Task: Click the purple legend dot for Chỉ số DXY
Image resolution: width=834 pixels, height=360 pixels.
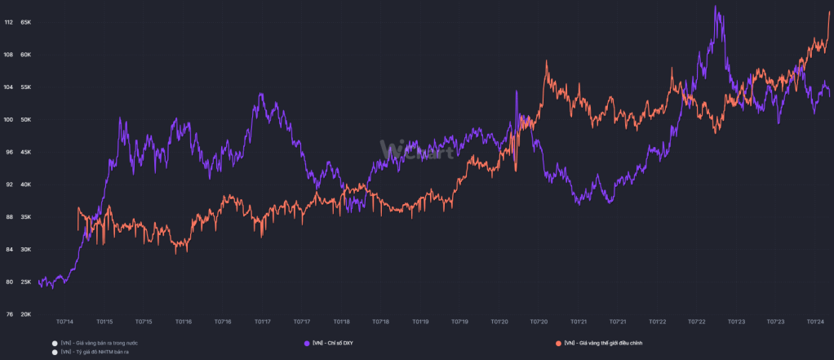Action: (x=306, y=343)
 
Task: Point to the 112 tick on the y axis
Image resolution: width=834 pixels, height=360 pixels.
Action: (x=8, y=23)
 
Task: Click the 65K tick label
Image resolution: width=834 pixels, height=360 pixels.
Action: (x=25, y=23)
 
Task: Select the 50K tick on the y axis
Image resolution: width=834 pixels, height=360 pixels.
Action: (x=25, y=120)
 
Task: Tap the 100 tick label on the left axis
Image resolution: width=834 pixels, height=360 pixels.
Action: (x=8, y=120)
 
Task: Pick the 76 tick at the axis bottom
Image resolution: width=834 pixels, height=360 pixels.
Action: (x=9, y=314)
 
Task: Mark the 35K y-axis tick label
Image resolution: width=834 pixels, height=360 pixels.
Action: (x=25, y=217)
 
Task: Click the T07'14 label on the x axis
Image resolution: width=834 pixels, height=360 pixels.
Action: (x=64, y=322)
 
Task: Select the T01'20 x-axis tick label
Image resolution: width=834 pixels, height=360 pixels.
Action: (x=499, y=322)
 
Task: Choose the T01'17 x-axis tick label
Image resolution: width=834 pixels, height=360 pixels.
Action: (x=263, y=322)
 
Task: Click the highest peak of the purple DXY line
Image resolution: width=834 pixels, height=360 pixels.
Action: (x=716, y=7)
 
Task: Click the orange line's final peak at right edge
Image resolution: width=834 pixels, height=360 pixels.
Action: (x=829, y=12)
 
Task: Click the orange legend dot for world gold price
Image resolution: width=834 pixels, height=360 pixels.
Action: (x=558, y=343)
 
